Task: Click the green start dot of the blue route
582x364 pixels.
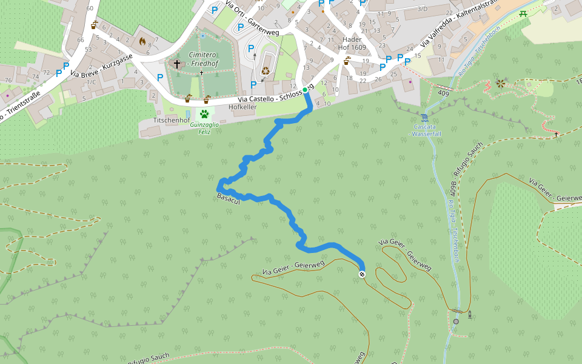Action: click(x=305, y=90)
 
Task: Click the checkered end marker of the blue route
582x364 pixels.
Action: click(x=362, y=275)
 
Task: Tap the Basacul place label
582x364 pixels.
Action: click(x=229, y=198)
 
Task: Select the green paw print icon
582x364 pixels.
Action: click(x=205, y=113)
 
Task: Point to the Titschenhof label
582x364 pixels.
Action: click(x=169, y=120)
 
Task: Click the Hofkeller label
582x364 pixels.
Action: click(x=242, y=107)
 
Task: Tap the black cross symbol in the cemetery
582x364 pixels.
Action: click(x=177, y=64)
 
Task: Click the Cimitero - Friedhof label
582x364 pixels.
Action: click(x=204, y=59)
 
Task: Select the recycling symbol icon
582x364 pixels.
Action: click(x=266, y=71)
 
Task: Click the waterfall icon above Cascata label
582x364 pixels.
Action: click(x=424, y=117)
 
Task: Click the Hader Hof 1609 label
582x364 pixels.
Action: click(x=352, y=43)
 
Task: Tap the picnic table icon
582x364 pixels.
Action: click(x=523, y=13)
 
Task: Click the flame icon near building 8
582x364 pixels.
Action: click(x=142, y=42)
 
